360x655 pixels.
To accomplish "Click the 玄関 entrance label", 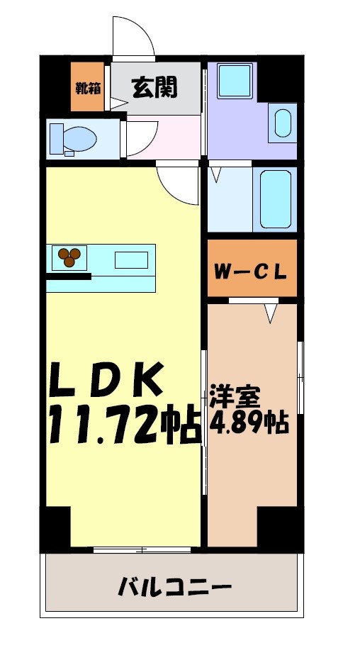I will (154, 88).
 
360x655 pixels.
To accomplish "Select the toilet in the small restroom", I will (75, 138).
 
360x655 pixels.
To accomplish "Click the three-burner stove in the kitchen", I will (69, 257).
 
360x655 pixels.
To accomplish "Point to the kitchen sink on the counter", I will (131, 259).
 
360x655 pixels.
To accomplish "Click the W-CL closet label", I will (252, 270).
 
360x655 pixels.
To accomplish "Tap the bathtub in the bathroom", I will (273, 199).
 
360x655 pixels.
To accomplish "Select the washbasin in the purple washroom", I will (282, 123).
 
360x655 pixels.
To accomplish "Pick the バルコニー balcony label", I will (174, 586).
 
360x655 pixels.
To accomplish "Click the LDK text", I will (106, 381).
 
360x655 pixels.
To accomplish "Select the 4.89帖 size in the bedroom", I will (248, 422).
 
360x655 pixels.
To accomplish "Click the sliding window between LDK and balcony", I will (142, 549).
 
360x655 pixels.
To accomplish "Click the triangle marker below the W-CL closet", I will (270, 312).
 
